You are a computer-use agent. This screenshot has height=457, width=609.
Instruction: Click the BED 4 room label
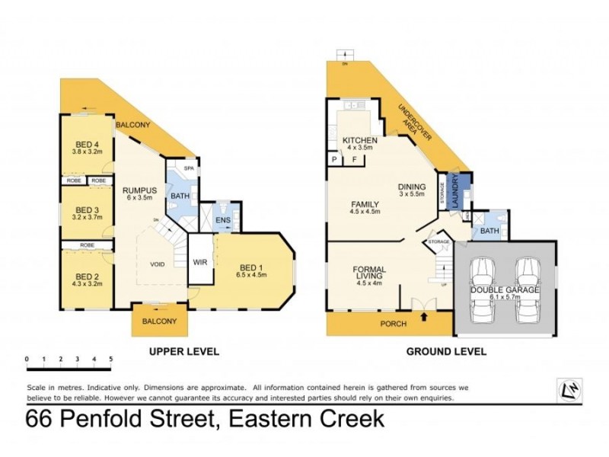tap(85, 144)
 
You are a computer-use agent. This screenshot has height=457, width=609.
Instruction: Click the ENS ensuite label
tap(222, 222)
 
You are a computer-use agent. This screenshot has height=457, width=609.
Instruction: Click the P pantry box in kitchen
tap(333, 160)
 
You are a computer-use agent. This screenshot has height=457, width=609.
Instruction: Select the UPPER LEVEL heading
tap(185, 351)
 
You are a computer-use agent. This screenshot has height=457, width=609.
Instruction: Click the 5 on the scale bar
tap(111, 358)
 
